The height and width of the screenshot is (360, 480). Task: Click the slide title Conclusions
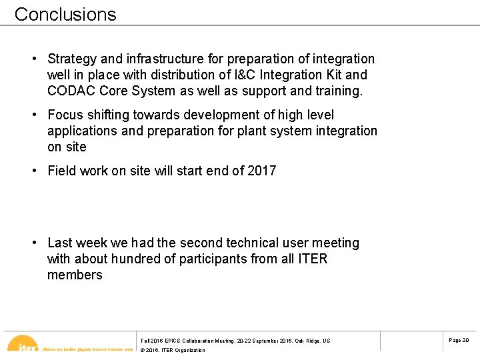click(65, 14)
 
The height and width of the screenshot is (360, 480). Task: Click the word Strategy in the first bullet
click(71, 59)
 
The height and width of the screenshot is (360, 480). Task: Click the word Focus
click(65, 115)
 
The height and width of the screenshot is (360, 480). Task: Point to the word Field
click(62, 171)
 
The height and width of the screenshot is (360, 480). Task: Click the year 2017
click(261, 171)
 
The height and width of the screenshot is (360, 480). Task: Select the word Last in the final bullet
click(61, 243)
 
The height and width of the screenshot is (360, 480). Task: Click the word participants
click(211, 259)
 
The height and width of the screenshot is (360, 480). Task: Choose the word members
click(75, 275)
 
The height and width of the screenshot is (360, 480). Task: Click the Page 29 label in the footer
click(459, 340)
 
